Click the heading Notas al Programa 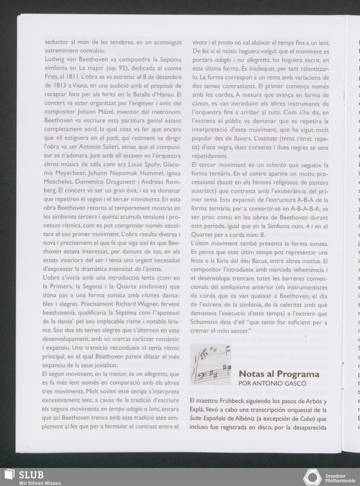279,374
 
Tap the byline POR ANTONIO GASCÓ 272,384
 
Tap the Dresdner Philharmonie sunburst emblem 312,477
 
